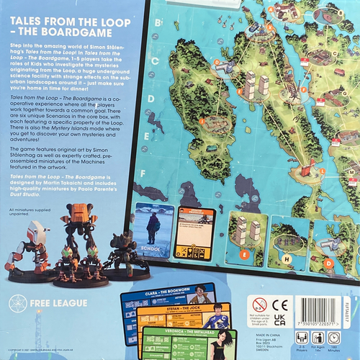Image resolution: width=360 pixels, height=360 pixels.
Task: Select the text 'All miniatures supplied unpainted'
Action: point(34,211)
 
